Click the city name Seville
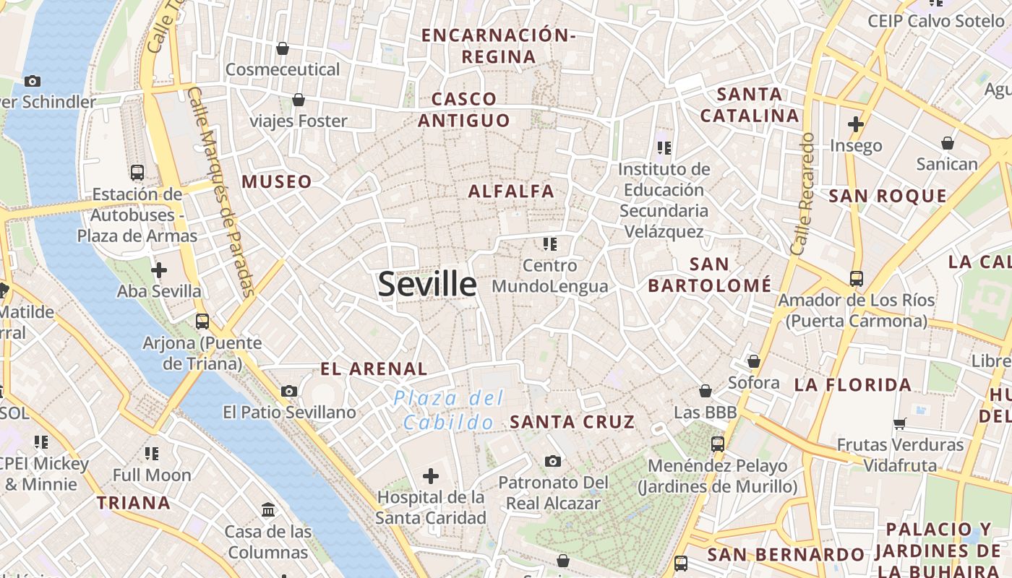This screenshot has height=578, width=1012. tap(427, 284)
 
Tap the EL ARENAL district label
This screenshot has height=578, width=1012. tap(374, 368)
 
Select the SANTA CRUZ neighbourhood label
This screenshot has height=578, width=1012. tap(573, 422)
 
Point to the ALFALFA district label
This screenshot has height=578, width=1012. tap(511, 191)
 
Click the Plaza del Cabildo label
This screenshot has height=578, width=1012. tap(449, 410)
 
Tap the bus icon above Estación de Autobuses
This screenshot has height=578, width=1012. tap(137, 172)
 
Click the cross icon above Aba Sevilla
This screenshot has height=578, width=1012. tap(159, 270)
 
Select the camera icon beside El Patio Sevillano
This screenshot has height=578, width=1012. tap(289, 391)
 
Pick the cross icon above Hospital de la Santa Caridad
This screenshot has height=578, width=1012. tap(431, 475)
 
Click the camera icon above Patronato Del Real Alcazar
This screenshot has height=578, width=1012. tap(552, 460)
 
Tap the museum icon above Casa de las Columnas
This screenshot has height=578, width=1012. tap(268, 509)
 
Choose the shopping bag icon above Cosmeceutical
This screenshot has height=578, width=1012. tap(283, 48)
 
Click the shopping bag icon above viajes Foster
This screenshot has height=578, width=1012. tap(298, 100)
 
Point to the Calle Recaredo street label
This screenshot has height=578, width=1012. tap(802, 193)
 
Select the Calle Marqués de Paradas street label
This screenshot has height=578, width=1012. tap(222, 191)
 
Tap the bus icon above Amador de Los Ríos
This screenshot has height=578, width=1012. tap(857, 278)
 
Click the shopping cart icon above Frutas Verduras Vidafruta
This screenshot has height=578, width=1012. tap(900, 423)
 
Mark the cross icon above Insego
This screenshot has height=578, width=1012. tap(856, 124)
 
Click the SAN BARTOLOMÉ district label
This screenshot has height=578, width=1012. tap(709, 275)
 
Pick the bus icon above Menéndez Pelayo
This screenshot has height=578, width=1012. tap(718, 444)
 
